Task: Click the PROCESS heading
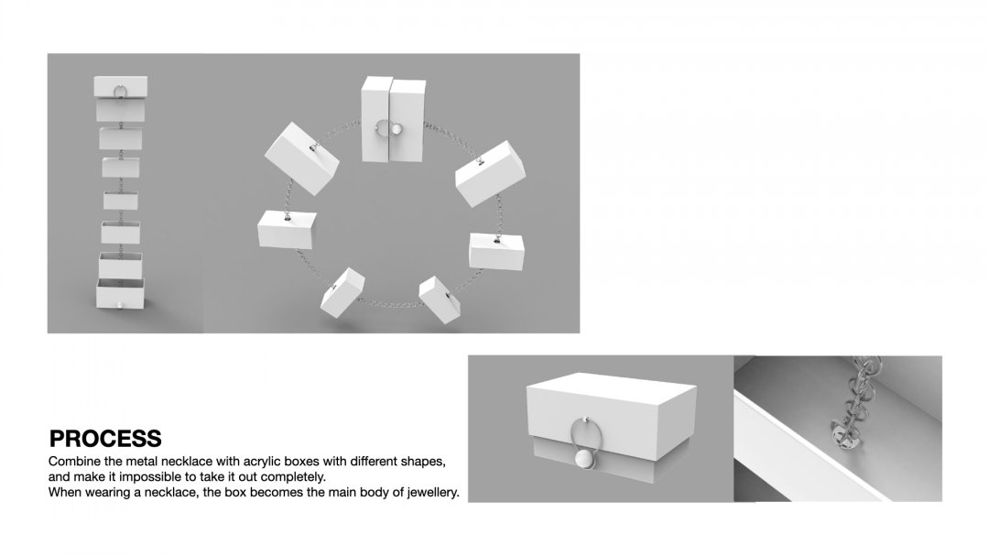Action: click(105, 438)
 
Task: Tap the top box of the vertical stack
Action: click(121, 87)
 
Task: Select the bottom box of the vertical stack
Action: click(120, 293)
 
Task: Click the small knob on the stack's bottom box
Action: click(120, 306)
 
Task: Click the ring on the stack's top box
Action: click(121, 92)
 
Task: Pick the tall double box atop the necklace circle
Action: click(393, 120)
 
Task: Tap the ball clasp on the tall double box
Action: click(397, 130)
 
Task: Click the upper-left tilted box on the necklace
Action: click(301, 158)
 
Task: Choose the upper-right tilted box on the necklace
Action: click(491, 173)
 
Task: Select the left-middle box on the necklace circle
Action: click(287, 229)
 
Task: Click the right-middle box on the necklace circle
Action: click(496, 251)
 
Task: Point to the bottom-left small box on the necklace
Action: click(342, 292)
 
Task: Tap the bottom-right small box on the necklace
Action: click(440, 300)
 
